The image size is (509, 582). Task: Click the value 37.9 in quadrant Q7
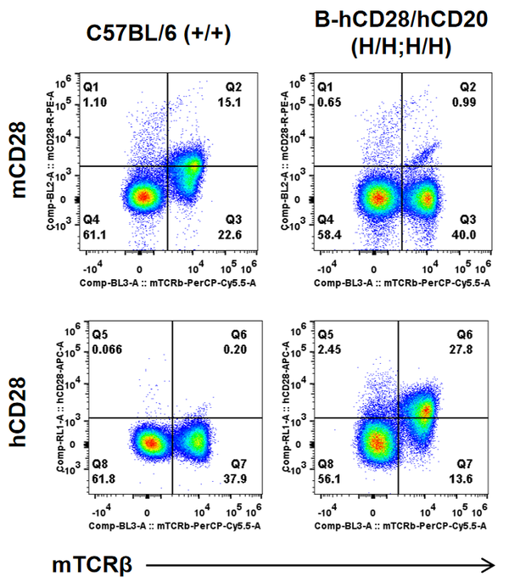pyautogui.click(x=238, y=478)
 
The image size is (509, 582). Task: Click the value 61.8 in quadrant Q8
pyautogui.click(x=96, y=478)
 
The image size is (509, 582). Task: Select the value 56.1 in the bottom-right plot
pyautogui.click(x=329, y=478)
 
